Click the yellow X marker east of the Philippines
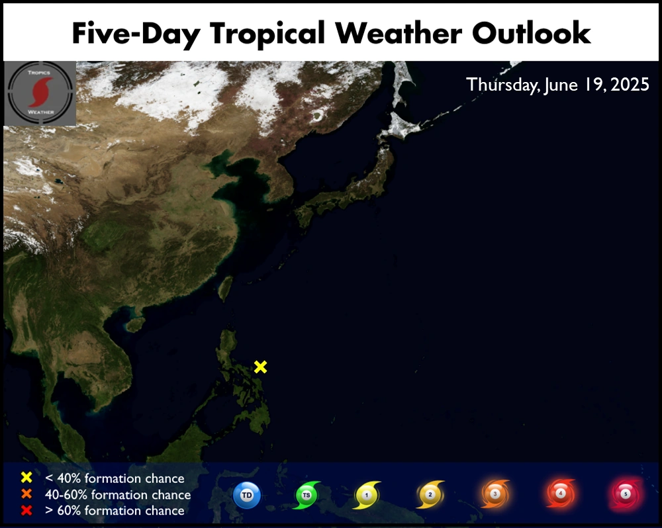[260, 367]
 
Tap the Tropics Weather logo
[40, 93]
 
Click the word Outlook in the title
[531, 33]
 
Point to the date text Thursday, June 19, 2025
[557, 85]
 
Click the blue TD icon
[247, 495]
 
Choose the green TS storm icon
[307, 495]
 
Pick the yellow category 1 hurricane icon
[367, 495]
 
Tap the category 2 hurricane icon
[430, 494]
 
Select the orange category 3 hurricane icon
[495, 494]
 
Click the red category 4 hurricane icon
[560, 493]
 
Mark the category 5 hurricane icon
[626, 494]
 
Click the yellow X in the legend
[26, 477]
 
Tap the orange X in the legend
[26, 494]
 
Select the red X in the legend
[26, 510]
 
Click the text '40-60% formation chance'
[118, 495]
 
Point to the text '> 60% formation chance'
[115, 511]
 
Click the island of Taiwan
[226, 288]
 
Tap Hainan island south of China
[134, 324]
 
